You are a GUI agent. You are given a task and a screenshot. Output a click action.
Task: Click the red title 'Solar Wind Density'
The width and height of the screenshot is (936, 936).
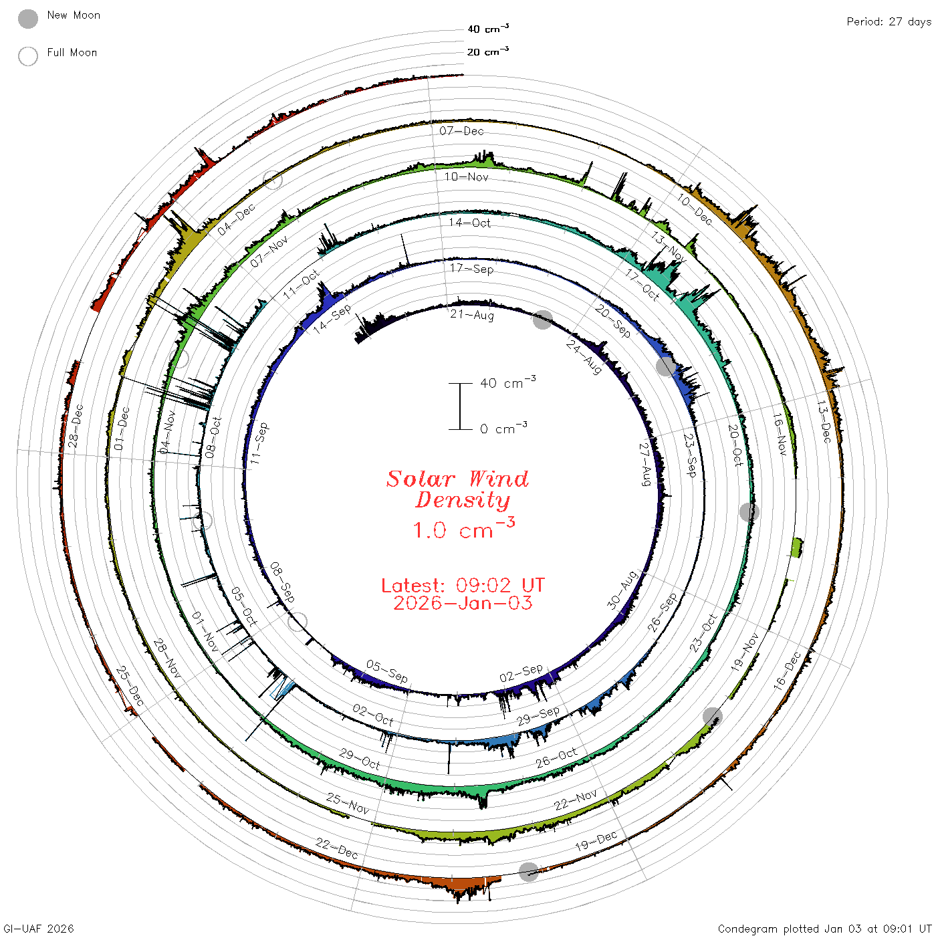pyautogui.click(x=457, y=489)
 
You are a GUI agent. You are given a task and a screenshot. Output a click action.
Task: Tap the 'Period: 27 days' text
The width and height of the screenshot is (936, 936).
pyautogui.click(x=889, y=22)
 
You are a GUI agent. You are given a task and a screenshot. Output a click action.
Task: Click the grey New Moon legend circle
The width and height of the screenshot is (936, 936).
pyautogui.click(x=28, y=19)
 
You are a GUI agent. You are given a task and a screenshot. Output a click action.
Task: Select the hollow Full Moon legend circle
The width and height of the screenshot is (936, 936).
pyautogui.click(x=28, y=56)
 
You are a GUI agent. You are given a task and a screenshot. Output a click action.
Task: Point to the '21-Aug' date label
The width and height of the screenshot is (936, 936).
pyautogui.click(x=471, y=315)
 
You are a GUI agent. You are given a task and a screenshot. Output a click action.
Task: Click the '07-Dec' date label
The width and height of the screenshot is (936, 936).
pyautogui.click(x=461, y=130)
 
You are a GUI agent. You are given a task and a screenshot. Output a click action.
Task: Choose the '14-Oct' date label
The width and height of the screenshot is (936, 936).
pyautogui.click(x=470, y=223)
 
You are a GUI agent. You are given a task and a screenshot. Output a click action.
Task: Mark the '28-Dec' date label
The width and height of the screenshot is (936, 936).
pyautogui.click(x=76, y=426)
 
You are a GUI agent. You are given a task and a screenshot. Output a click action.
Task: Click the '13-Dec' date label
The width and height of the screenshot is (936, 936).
pyautogui.click(x=824, y=422)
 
